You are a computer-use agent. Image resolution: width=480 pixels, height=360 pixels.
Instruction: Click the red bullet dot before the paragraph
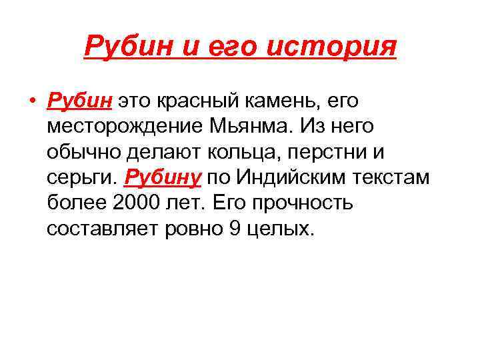point(33,102)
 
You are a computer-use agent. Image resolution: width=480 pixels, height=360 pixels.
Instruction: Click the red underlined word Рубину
point(163,178)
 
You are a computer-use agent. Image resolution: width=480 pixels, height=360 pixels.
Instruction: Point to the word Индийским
point(292,178)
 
